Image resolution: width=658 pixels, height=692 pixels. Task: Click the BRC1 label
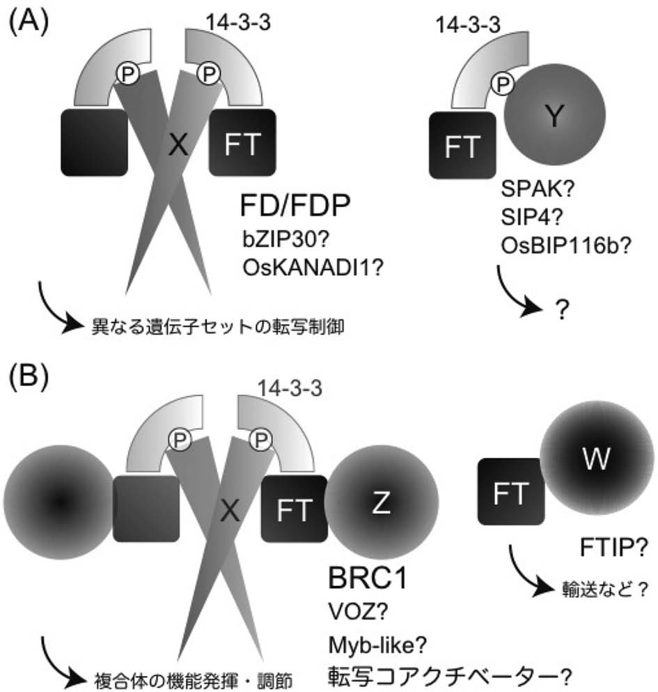(x=368, y=578)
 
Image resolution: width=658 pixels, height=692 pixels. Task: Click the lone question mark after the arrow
(x=558, y=311)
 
